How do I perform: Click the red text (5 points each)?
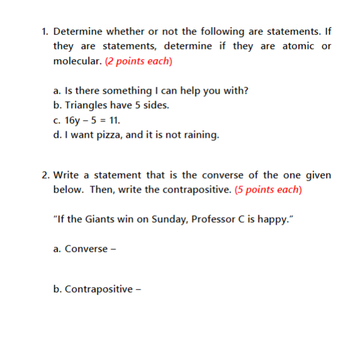click(x=268, y=190)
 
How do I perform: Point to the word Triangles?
click(x=87, y=105)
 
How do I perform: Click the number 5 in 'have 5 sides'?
click(x=138, y=105)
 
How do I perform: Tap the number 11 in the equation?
click(x=114, y=120)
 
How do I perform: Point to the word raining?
click(x=200, y=135)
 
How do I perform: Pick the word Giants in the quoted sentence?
click(x=104, y=219)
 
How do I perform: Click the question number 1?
click(x=45, y=31)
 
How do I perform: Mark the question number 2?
click(x=45, y=175)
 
